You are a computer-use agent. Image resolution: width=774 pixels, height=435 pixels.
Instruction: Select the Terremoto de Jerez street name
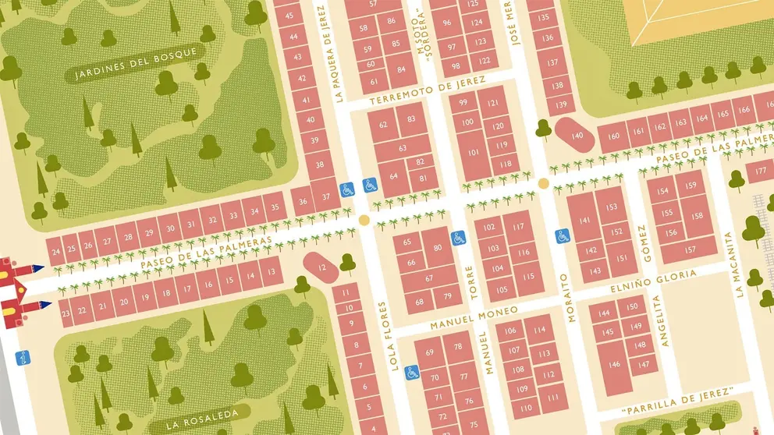(x=427, y=92)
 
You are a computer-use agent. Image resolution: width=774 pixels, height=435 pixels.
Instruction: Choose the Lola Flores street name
(x=389, y=335)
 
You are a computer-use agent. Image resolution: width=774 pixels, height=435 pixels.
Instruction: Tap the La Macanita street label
(x=733, y=266)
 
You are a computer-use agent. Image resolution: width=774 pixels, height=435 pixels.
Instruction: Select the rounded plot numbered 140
(x=576, y=136)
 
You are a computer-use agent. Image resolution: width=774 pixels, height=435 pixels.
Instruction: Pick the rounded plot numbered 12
(x=322, y=267)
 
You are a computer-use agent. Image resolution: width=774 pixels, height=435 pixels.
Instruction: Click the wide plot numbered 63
(x=403, y=148)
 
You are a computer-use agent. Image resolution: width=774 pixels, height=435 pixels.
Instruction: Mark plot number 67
(x=428, y=278)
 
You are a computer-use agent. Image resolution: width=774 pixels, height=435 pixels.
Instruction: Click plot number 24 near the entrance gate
(x=54, y=251)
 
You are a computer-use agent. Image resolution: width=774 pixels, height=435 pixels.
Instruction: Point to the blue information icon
(x=24, y=358)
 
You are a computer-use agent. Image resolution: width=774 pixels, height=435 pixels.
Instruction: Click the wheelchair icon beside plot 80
(x=458, y=236)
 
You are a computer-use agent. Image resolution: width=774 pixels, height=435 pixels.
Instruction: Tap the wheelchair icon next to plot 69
(x=412, y=370)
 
